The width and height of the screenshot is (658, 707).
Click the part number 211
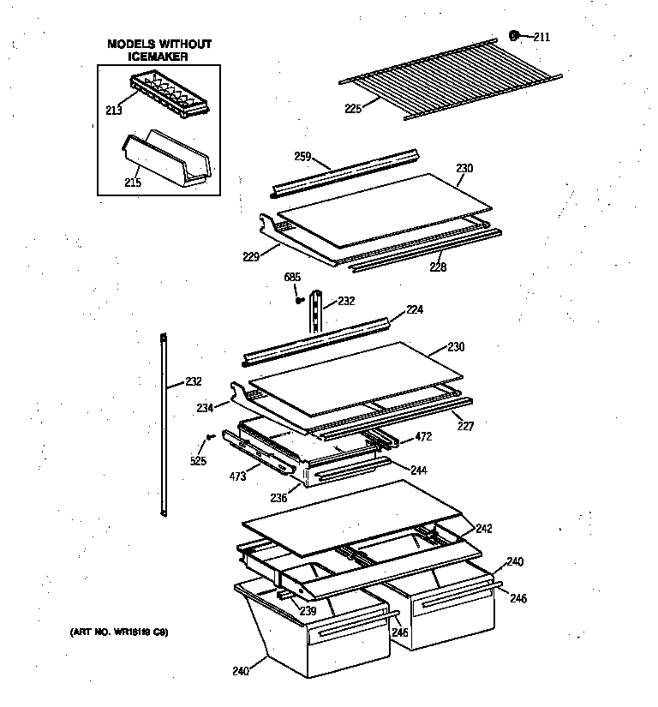tap(541, 37)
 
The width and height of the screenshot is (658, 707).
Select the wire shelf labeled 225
tap(450, 76)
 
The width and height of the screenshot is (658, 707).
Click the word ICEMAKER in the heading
tap(159, 56)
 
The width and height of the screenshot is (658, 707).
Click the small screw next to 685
tap(299, 300)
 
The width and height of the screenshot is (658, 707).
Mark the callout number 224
tap(415, 309)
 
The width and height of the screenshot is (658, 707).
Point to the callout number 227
tap(464, 424)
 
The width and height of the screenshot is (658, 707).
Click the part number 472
tap(423, 437)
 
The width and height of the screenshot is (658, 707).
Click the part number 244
tap(418, 470)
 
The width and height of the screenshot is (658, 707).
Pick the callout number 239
tap(308, 611)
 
